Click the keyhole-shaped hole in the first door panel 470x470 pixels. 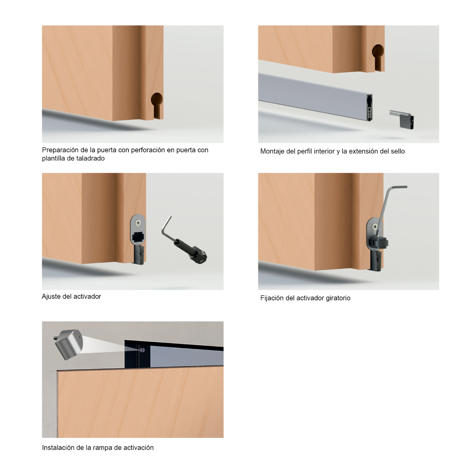point(157,104)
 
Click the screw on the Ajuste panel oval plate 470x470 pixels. point(138,222)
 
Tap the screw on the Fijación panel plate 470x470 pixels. point(375,226)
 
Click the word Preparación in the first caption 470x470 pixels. point(60,150)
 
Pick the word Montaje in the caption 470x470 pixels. point(272,151)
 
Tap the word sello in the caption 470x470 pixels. point(397,151)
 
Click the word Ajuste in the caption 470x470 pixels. point(51,296)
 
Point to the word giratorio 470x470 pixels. point(338,298)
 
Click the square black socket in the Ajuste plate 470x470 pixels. point(138,237)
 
